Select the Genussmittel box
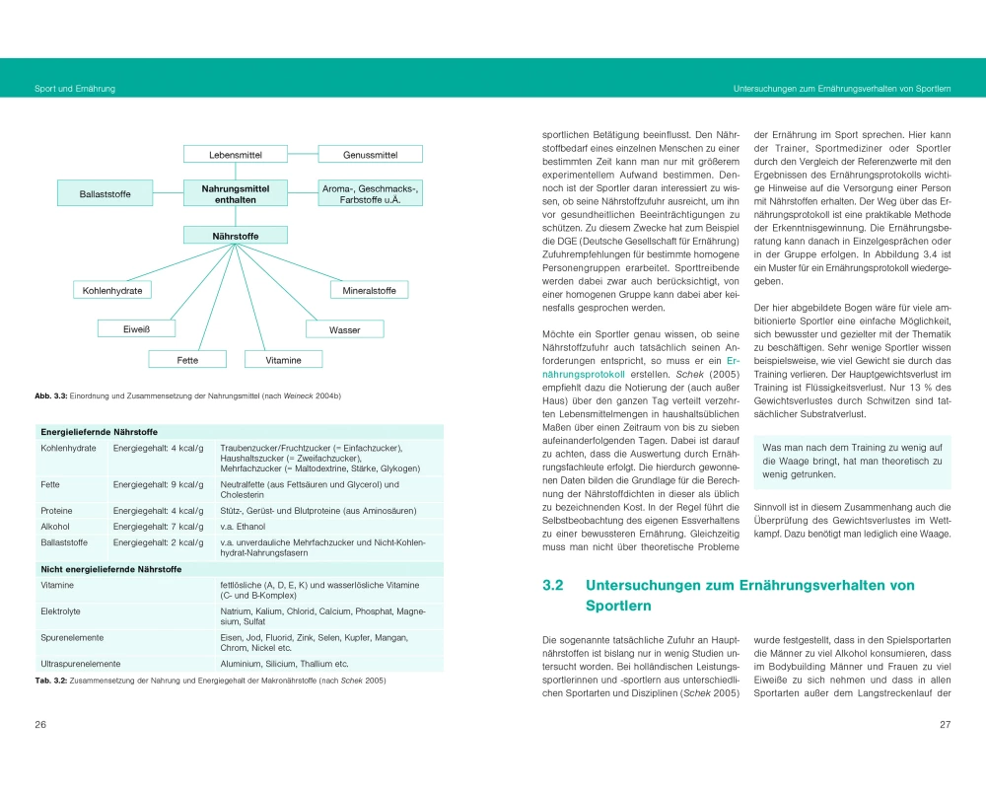click(x=370, y=155)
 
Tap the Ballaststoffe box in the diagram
click(x=106, y=193)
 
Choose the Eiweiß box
click(x=136, y=329)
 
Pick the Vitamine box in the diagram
click(x=282, y=360)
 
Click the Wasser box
click(x=345, y=329)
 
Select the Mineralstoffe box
click(x=369, y=290)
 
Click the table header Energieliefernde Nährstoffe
click(x=99, y=432)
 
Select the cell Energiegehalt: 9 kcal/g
click(x=158, y=484)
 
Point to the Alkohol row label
click(x=55, y=527)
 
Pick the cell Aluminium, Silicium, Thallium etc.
click(x=284, y=664)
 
